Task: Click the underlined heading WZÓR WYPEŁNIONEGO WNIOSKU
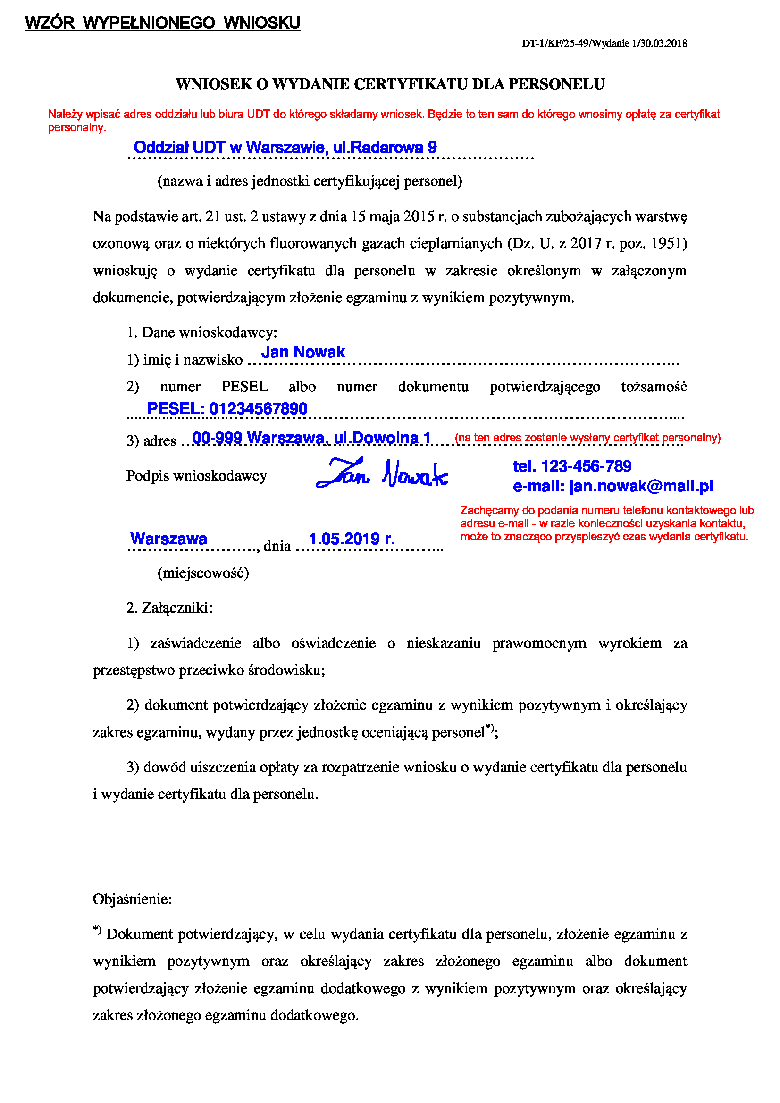[162, 23]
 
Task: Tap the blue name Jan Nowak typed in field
[303, 352]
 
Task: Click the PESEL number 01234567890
[258, 409]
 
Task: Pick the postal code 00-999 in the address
[217, 438]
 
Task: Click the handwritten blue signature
[382, 473]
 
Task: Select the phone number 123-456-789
[586, 466]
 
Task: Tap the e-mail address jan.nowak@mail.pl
[641, 486]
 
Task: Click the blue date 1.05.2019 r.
[352, 539]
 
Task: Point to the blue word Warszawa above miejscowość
[168, 539]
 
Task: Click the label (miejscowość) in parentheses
[203, 572]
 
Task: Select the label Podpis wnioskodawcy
[197, 476]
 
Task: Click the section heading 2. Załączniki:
[169, 608]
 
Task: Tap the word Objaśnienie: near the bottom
[132, 899]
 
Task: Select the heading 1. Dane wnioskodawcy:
[202, 332]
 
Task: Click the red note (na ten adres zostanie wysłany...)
[587, 438]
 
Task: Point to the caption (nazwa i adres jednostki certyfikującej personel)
[310, 181]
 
